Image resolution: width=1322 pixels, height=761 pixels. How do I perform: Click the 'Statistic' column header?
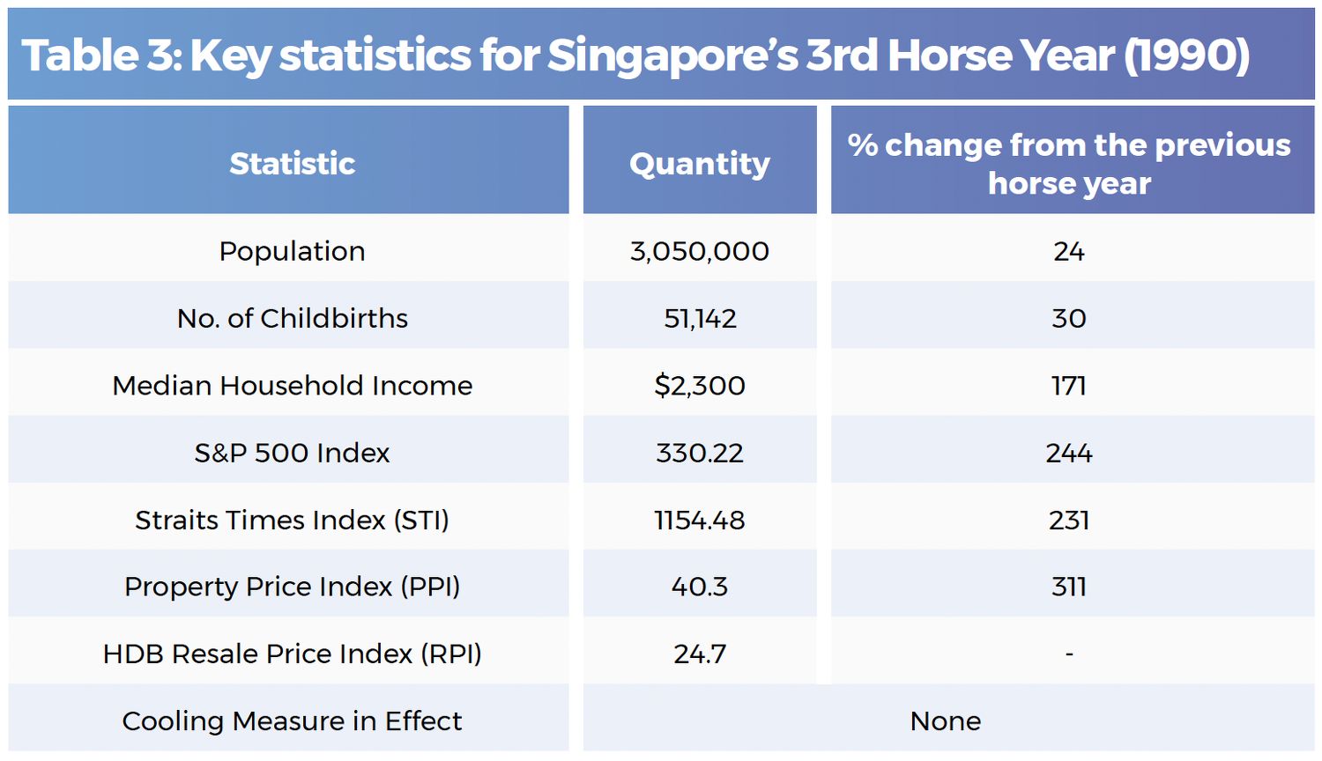292,163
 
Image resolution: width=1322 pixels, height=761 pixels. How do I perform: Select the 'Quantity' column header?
700,163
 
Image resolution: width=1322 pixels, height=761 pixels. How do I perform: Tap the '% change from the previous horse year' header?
1069,164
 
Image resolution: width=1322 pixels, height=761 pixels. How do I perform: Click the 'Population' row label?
292,251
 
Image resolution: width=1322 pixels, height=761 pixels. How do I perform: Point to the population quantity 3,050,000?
700,251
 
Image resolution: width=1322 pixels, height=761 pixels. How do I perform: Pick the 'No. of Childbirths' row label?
292,318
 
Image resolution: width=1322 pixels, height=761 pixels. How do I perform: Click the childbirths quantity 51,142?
700,318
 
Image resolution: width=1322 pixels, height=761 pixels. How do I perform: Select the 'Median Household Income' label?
292,385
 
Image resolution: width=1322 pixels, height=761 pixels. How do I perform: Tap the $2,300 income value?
700,385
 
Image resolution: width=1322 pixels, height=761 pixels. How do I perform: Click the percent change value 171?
1069,385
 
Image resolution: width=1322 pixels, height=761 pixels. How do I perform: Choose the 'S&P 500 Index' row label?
292,453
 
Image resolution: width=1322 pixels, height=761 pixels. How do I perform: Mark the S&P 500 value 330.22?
700,453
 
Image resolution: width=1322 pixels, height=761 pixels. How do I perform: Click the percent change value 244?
1069,453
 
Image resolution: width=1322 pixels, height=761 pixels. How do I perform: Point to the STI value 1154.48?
700,520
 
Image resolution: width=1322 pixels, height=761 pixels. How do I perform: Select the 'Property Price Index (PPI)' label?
292,587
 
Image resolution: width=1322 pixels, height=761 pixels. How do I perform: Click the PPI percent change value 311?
1069,587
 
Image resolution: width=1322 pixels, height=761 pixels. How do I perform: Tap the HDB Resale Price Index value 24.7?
700,654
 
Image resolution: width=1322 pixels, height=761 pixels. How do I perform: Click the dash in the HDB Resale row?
1069,654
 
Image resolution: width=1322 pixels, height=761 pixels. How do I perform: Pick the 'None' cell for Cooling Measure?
945,721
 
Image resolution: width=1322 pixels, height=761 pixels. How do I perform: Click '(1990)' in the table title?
1187,55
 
